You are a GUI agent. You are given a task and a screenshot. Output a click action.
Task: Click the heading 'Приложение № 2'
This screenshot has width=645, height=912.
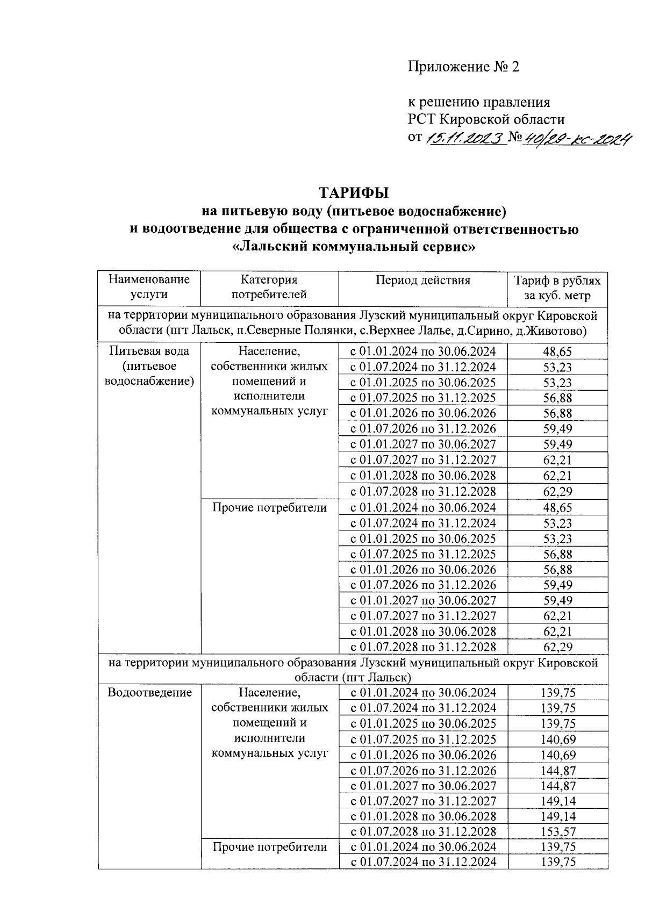coord(464,67)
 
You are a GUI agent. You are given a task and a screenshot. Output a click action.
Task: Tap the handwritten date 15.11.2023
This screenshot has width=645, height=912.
coord(465,139)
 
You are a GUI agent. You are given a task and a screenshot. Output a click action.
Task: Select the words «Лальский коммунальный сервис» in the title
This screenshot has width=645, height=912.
coord(354,247)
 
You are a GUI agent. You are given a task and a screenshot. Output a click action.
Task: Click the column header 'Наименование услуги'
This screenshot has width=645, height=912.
coord(149,287)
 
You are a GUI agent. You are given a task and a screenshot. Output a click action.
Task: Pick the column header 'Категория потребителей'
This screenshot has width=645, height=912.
coord(269,287)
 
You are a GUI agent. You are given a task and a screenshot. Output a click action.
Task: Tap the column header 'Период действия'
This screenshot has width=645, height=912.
coord(422,280)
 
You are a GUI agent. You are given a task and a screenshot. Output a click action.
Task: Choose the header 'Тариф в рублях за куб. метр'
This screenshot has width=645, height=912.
coord(557,288)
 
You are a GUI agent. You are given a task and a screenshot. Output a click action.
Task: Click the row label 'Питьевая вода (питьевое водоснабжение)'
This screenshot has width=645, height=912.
coord(149,366)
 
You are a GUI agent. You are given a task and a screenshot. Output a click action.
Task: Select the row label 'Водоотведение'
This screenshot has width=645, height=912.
coord(149,692)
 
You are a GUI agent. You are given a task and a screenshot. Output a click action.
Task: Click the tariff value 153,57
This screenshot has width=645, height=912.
coord(557,831)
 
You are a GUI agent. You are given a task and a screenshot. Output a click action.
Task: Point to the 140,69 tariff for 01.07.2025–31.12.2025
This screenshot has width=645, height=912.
coord(557,739)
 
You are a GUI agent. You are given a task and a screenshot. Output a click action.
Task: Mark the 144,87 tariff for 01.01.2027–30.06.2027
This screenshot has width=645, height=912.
coord(557,785)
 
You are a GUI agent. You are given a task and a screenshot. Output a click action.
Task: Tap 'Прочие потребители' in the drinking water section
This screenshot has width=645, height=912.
coord(269,507)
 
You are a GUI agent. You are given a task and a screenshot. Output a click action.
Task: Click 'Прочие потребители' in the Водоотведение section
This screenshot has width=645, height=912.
coord(270,847)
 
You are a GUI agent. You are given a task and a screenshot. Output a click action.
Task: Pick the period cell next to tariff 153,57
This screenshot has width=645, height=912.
coord(422,831)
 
